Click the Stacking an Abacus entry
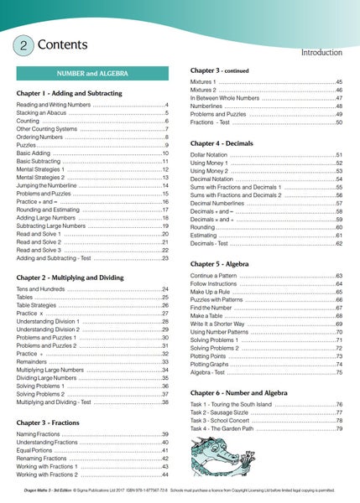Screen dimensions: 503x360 44,112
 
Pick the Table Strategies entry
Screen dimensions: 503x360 41,306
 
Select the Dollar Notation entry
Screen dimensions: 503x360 212,156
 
